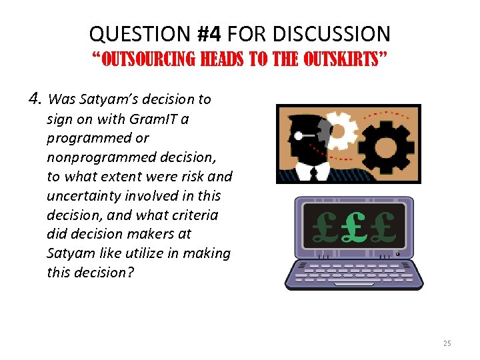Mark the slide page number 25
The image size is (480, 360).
pyautogui.click(x=447, y=343)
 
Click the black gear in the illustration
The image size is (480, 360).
pyautogui.click(x=389, y=141)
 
